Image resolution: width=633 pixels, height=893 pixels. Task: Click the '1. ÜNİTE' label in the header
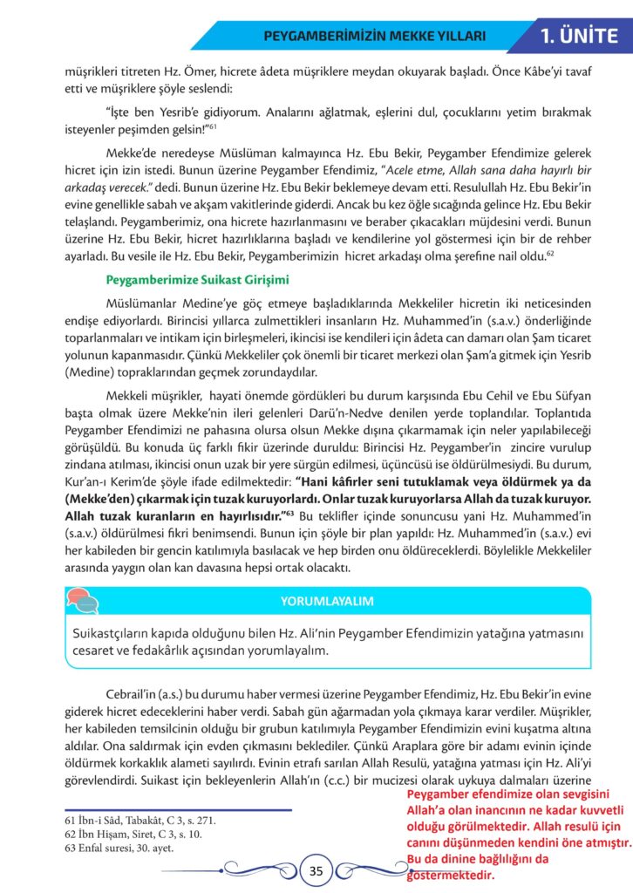(580, 37)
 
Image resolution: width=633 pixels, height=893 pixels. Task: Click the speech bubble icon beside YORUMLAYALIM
(82, 601)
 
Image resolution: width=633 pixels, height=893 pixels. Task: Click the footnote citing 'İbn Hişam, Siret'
(123, 835)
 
